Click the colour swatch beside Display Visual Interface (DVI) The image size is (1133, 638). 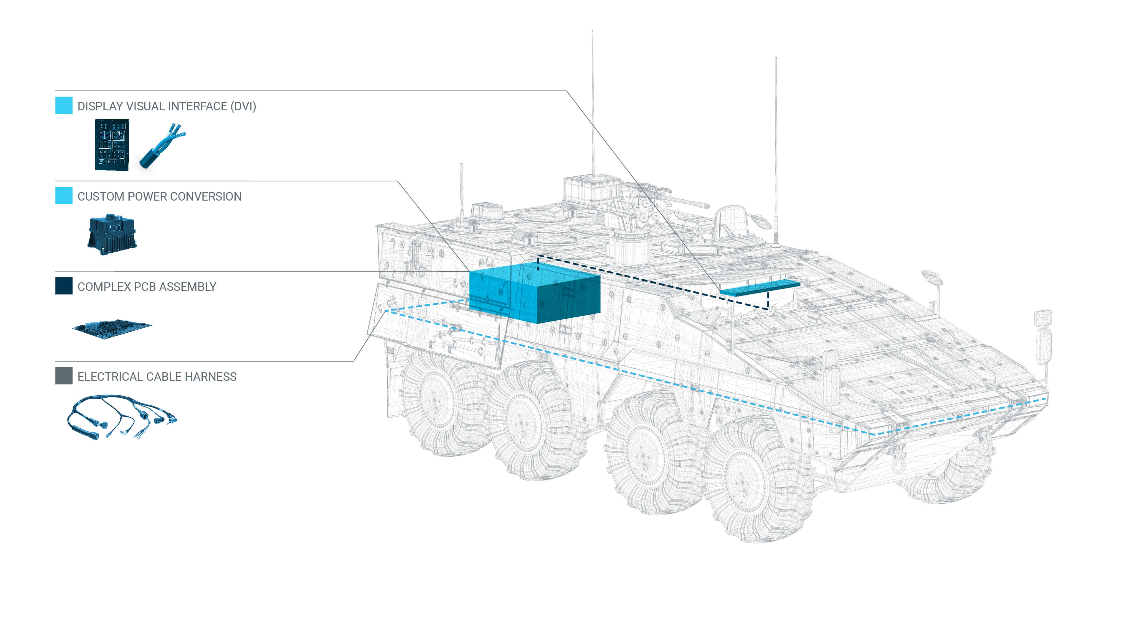(64, 106)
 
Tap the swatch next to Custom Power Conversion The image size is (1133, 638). (64, 196)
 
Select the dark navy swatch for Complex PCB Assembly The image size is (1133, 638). (64, 286)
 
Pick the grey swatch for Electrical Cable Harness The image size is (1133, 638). (64, 376)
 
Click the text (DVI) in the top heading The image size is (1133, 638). (243, 106)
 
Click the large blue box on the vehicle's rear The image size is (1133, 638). (534, 293)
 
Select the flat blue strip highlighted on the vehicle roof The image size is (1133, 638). (759, 287)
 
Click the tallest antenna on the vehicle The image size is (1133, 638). (592, 101)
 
